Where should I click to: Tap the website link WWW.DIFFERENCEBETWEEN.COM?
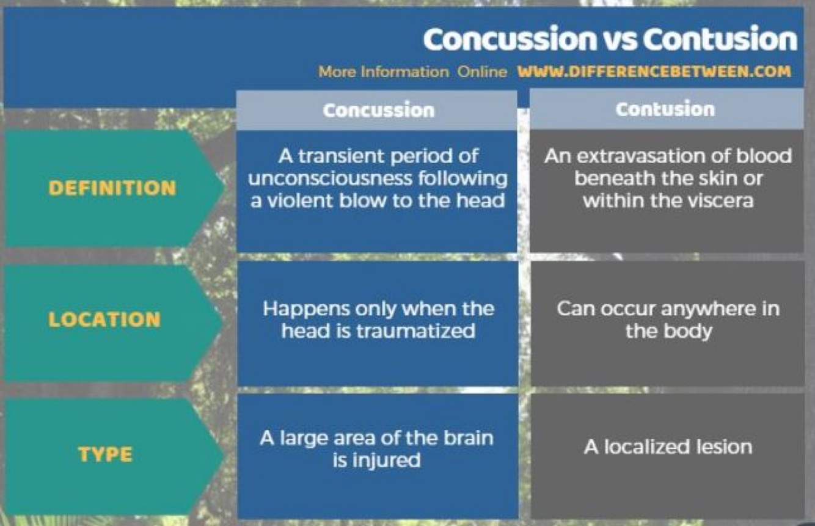click(654, 71)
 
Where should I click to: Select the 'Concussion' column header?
click(378, 110)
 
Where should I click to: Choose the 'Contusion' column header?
click(665, 109)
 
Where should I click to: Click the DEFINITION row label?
click(112, 188)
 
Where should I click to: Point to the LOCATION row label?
click(104, 320)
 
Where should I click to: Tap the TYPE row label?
click(105, 455)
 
